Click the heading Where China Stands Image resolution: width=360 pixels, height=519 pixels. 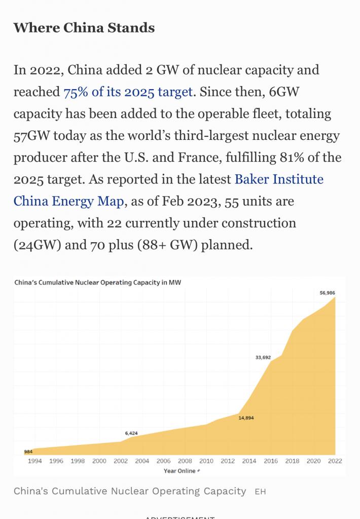[84, 27]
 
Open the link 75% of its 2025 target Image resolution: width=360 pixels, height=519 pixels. [128, 92]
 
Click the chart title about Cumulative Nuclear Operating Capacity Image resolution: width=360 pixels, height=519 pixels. [97, 282]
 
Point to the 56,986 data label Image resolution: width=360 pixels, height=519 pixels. [327, 292]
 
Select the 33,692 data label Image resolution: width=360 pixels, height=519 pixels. [263, 357]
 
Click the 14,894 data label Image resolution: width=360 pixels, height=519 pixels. [246, 418]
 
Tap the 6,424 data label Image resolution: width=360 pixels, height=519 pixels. [131, 433]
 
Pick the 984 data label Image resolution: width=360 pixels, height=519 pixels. [28, 451]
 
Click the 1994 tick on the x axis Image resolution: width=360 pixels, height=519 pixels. [35, 461]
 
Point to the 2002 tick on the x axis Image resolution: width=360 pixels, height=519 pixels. [121, 461]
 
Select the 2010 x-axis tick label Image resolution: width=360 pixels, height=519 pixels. [206, 461]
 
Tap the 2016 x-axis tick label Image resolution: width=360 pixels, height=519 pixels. [271, 461]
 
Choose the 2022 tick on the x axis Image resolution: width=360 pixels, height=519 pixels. [335, 461]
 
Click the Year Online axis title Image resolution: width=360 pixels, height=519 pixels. [179, 471]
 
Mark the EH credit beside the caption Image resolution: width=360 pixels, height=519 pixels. [260, 492]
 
